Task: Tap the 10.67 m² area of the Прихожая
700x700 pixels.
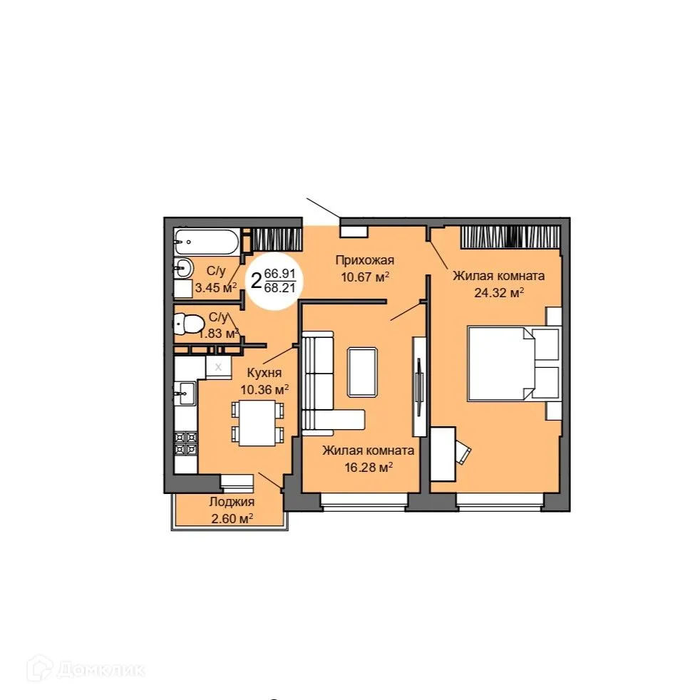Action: pos(365,276)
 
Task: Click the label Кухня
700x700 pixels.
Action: pos(264,373)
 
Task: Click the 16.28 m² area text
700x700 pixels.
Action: pos(367,467)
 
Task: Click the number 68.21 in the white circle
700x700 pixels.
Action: pos(279,287)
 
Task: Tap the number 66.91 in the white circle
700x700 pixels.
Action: pos(279,274)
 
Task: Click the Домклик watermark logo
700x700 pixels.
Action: pos(86,669)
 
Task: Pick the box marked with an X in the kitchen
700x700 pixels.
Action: pos(219,366)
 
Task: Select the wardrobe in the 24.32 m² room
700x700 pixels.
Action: pos(508,237)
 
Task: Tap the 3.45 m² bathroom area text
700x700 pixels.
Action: pos(215,288)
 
